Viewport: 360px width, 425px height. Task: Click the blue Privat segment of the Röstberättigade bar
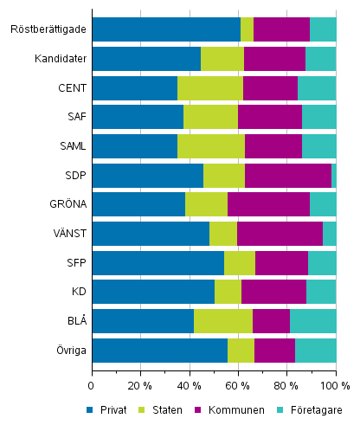click(x=165, y=29)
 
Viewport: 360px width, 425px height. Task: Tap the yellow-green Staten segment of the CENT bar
click(x=209, y=88)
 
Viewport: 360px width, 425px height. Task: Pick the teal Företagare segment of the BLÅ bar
click(x=312, y=321)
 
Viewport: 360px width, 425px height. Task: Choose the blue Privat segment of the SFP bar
click(x=157, y=263)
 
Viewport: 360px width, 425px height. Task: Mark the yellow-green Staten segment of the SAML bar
click(x=210, y=146)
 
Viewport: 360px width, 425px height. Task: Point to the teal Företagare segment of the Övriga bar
click(x=315, y=351)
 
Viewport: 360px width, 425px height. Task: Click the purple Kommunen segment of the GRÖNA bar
click(x=268, y=204)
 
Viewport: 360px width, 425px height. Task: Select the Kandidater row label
click(x=61, y=59)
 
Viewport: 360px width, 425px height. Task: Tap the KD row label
click(x=78, y=293)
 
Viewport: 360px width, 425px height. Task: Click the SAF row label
click(x=75, y=117)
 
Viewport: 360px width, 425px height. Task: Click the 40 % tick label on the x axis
click(x=189, y=384)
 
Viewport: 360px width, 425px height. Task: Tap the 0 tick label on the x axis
click(x=92, y=384)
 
